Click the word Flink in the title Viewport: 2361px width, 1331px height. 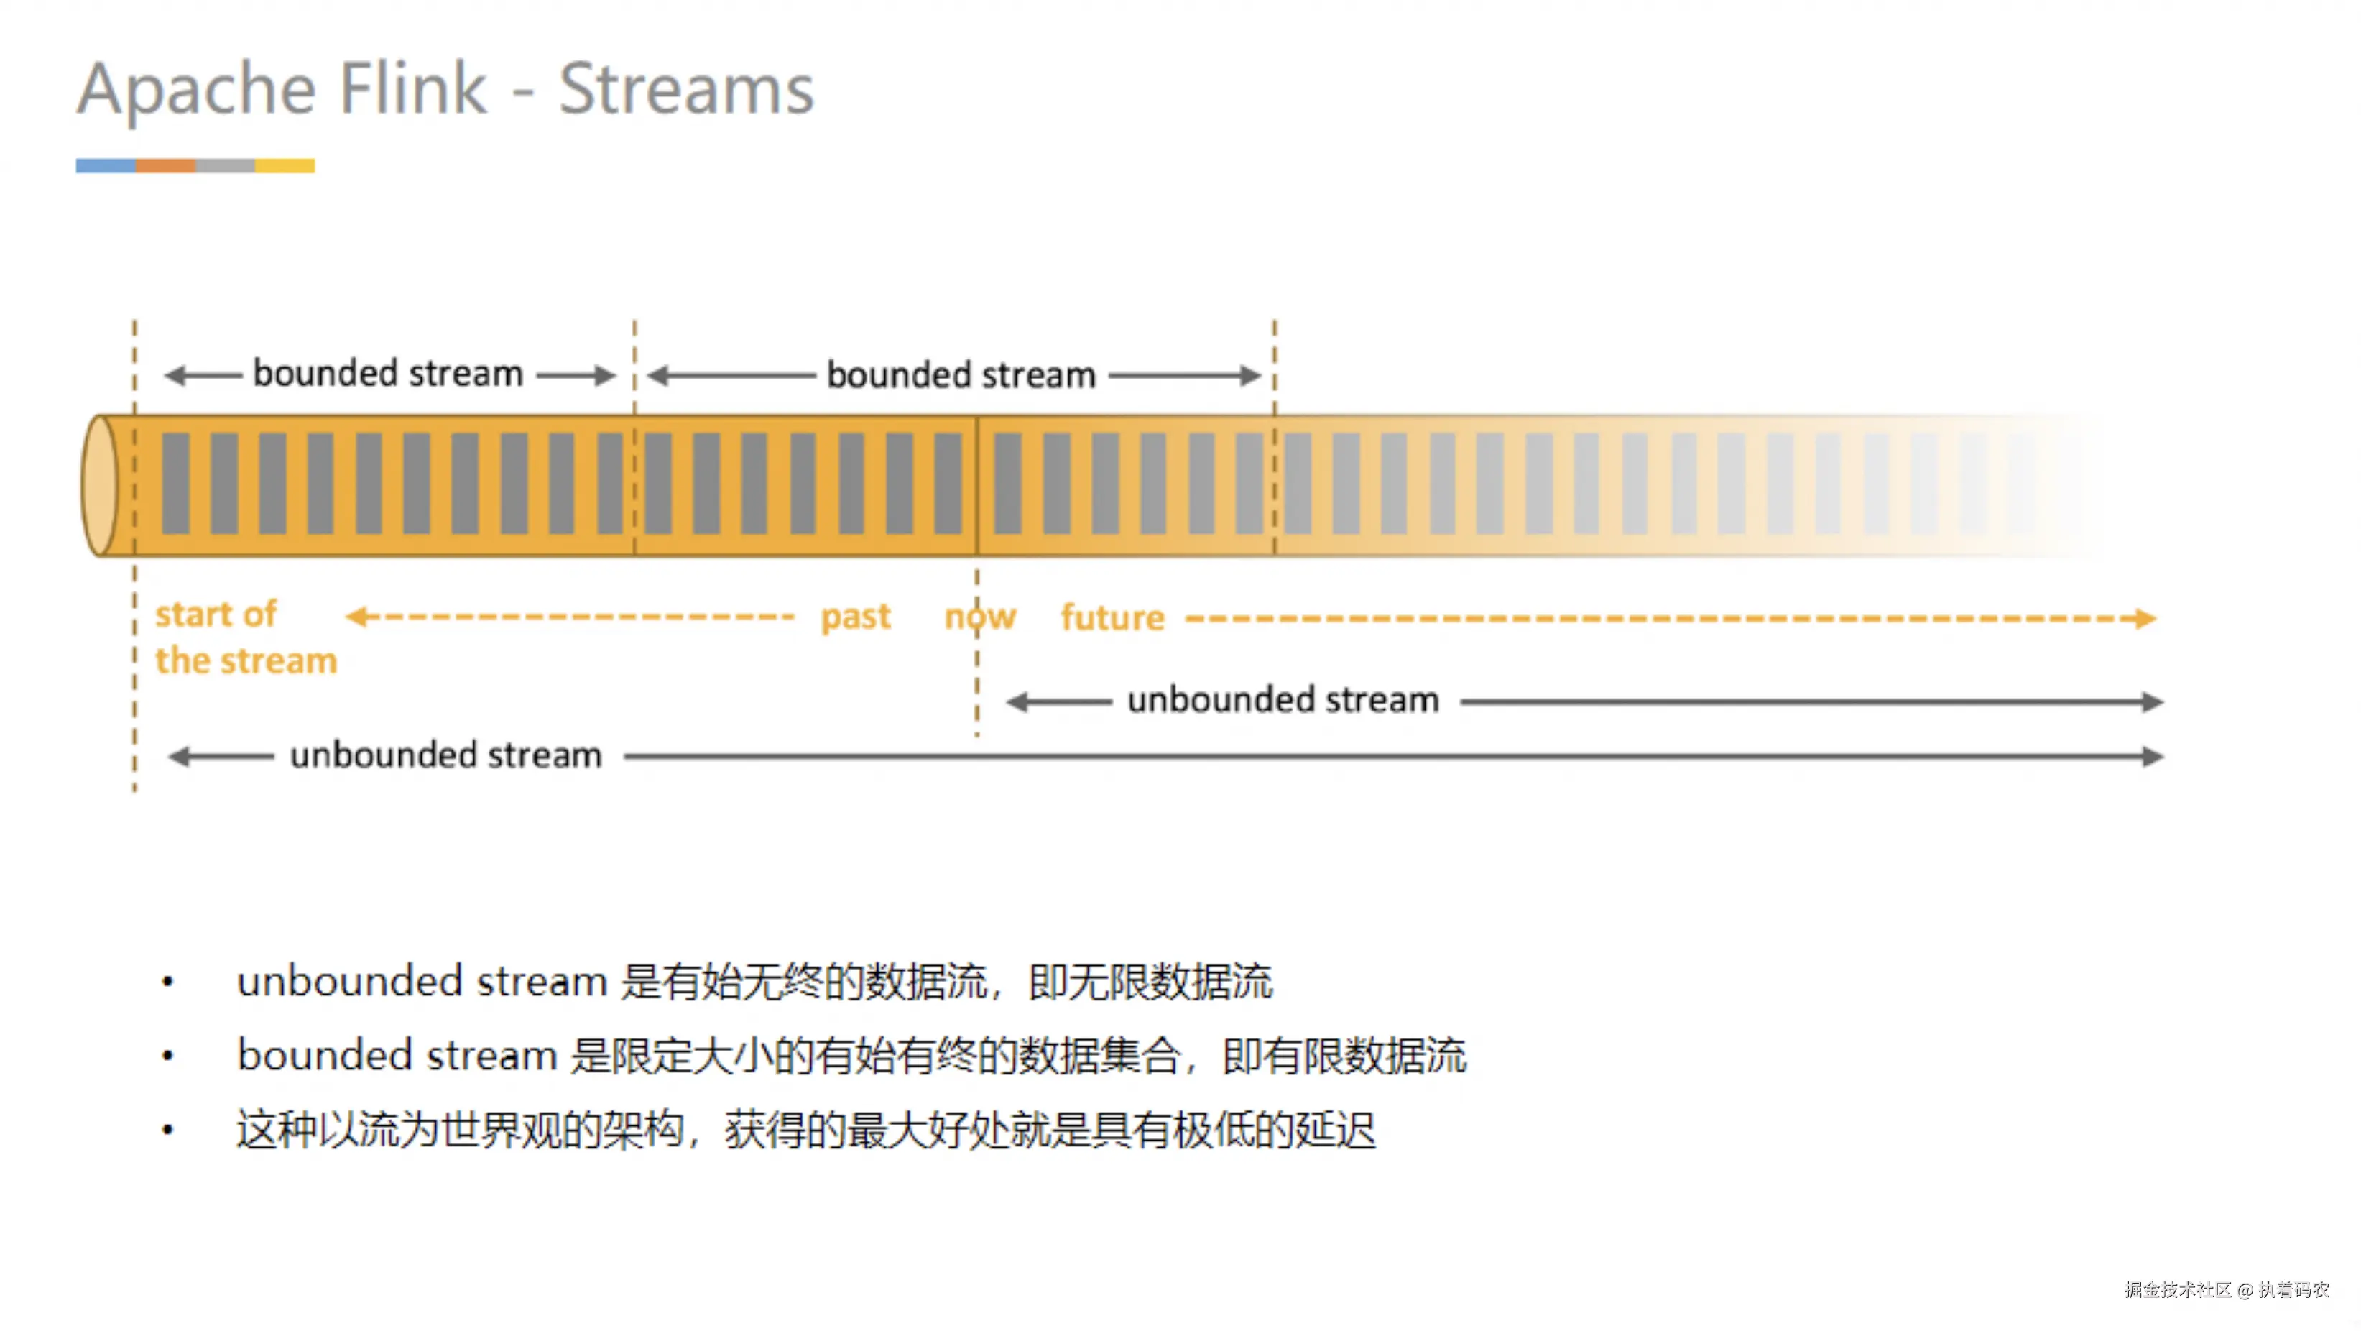click(412, 89)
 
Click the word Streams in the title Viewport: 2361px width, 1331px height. click(685, 89)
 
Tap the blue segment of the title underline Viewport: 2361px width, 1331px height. click(106, 166)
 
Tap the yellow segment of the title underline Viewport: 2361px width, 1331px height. click(285, 166)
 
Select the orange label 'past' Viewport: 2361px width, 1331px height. click(855, 617)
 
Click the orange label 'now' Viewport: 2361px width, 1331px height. click(980, 617)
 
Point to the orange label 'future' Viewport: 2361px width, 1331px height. click(1112, 618)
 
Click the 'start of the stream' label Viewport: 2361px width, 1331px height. click(245, 637)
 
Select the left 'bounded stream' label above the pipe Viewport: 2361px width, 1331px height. click(388, 374)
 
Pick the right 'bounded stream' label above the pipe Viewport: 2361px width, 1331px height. click(961, 375)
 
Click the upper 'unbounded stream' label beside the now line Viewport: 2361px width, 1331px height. click(1283, 700)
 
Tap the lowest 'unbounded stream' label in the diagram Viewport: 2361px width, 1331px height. click(445, 755)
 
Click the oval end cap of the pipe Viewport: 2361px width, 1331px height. click(100, 486)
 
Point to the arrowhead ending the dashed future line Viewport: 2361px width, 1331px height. click(2145, 619)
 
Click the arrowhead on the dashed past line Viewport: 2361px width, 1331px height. click(356, 616)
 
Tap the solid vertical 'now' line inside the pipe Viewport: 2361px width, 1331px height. click(977, 486)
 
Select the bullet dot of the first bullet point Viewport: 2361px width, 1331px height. click(167, 982)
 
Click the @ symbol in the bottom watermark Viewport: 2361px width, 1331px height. click(2245, 1291)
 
